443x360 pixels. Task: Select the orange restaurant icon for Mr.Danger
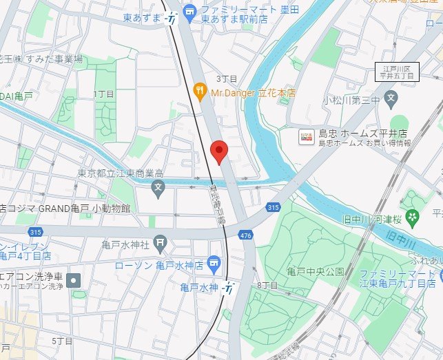[200, 92]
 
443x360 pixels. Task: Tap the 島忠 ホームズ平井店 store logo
[305, 138]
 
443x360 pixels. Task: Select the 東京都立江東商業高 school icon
[158, 187]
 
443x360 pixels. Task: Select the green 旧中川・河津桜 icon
[412, 220]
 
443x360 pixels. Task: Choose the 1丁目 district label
[102, 92]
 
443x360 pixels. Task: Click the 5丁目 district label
[62, 341]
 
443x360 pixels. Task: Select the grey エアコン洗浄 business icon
[75, 279]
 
